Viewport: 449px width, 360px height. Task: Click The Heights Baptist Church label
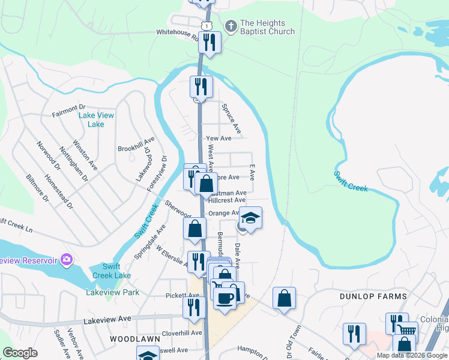[x=267, y=27]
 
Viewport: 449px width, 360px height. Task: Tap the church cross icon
[x=231, y=26]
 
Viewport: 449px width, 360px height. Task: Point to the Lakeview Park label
[x=113, y=293]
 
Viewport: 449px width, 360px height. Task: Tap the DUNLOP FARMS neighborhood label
[x=373, y=296]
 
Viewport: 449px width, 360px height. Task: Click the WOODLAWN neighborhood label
[x=134, y=339]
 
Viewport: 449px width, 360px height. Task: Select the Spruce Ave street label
[x=232, y=118]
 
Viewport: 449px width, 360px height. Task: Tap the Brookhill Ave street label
[x=136, y=148]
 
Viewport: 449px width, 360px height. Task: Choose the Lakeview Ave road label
[x=107, y=319]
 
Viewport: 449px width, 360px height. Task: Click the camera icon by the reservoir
[x=66, y=260]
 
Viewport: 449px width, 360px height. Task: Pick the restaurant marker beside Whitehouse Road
[x=209, y=42]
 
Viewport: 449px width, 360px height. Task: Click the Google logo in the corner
[x=20, y=353]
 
